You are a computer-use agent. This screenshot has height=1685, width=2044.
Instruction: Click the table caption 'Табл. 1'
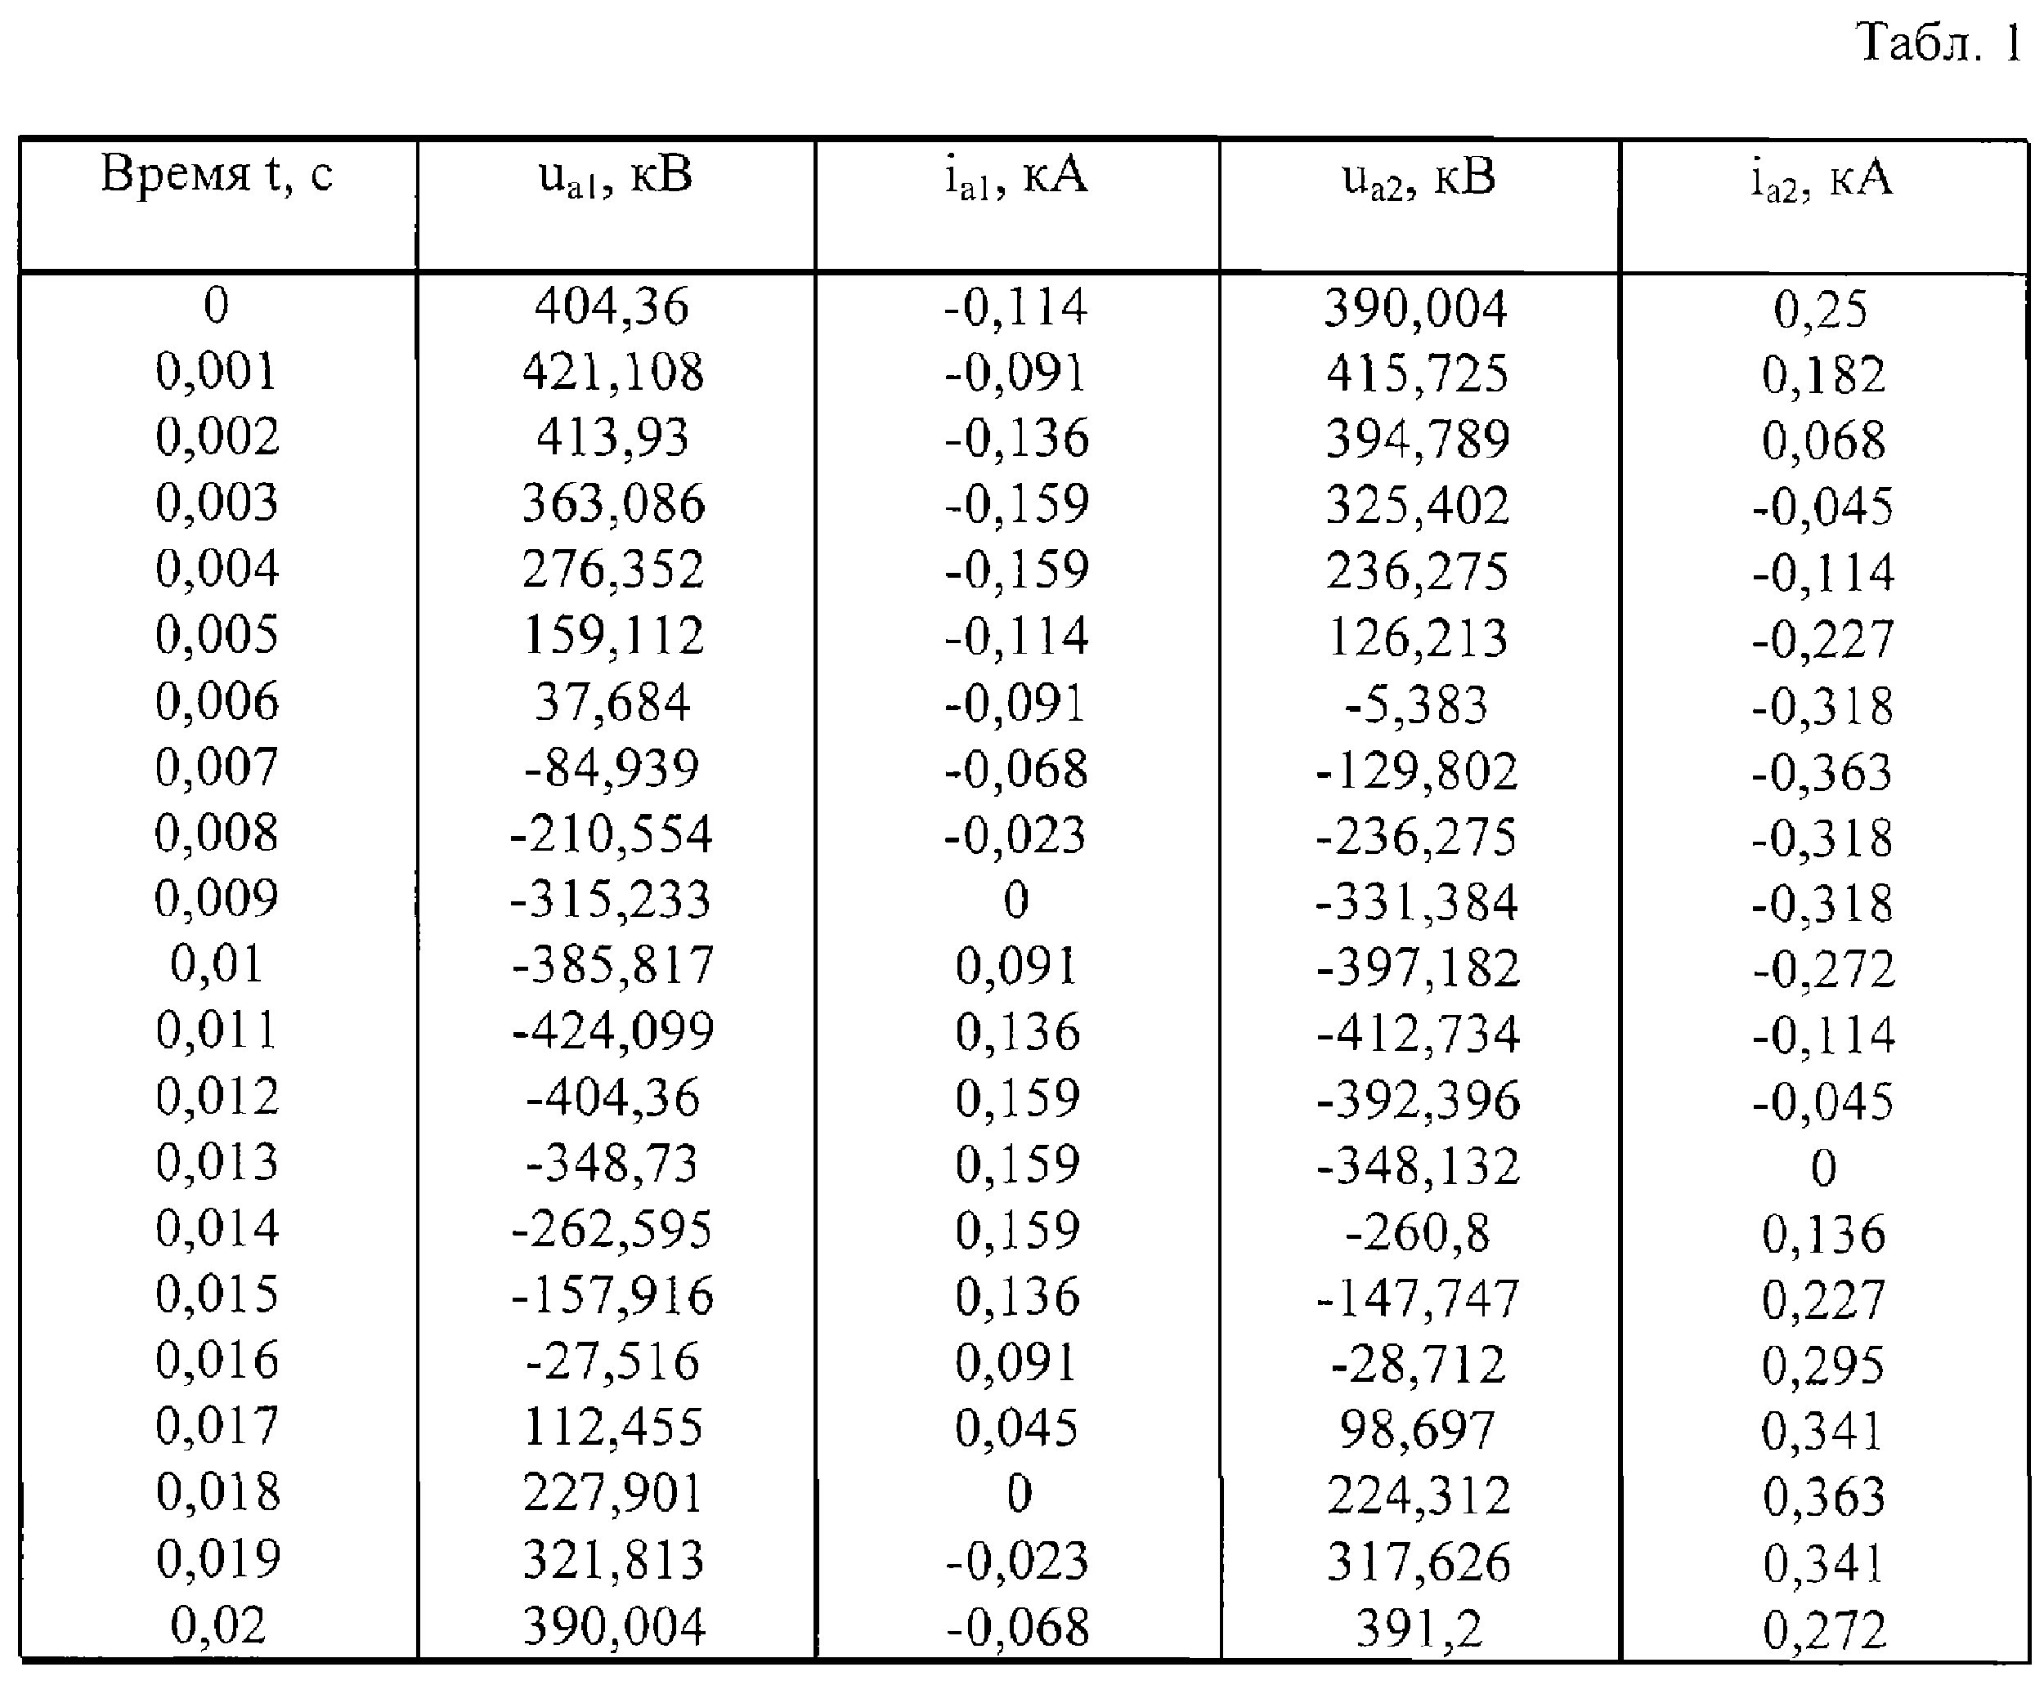coord(1939,43)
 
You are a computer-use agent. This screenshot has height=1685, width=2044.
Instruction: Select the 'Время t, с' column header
coord(217,176)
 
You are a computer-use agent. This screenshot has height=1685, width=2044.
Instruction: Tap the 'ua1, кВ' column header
coord(616,177)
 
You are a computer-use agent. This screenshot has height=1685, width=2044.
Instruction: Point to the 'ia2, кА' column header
coord(1822,180)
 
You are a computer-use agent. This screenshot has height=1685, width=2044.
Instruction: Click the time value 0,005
coord(217,635)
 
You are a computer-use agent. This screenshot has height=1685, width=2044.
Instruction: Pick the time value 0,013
coord(217,1162)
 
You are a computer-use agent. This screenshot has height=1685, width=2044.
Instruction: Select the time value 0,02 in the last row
coord(217,1624)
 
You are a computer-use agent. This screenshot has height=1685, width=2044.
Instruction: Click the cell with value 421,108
coord(612,372)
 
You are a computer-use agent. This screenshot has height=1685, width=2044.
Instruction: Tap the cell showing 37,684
coord(612,702)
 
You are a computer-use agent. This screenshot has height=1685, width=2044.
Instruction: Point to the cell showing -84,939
coord(612,768)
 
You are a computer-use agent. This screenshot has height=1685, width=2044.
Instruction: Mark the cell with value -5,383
coord(1416,704)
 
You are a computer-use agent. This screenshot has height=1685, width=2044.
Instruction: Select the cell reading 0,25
coord(1821,310)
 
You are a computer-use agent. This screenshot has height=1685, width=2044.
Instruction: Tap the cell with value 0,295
coord(1823,1365)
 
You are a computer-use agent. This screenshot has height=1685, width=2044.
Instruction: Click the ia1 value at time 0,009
coord(1015,900)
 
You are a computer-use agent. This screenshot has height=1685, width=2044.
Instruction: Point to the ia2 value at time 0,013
coord(1823,1167)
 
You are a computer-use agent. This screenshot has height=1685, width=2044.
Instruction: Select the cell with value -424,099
coord(612,1030)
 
